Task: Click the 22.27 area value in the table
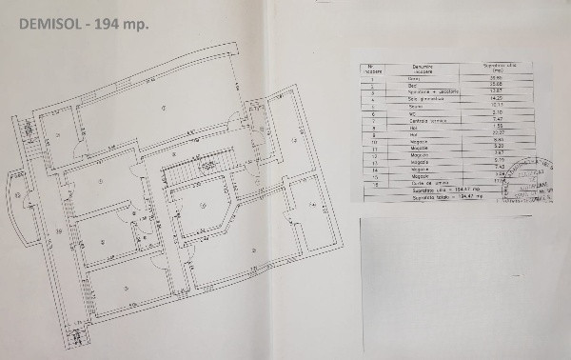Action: point(494,131)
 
